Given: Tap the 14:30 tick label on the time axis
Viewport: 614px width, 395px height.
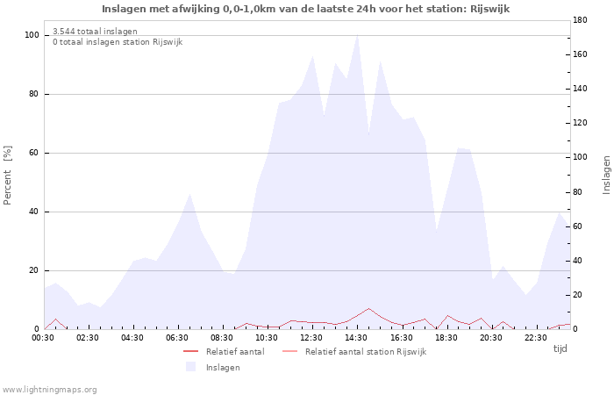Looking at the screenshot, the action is click(x=356, y=338).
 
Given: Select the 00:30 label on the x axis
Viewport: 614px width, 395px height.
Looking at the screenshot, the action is click(x=43, y=338).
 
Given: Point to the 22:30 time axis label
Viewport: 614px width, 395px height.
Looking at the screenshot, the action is click(x=535, y=338).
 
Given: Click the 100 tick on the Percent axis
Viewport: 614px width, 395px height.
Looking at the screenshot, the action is click(x=32, y=35).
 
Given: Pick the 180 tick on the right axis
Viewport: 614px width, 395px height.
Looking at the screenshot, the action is click(x=580, y=20).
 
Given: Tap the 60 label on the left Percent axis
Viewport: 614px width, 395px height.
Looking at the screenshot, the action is click(x=33, y=153).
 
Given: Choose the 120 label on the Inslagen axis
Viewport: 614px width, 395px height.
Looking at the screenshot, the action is click(x=580, y=123).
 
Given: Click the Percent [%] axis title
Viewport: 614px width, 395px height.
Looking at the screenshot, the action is click(x=7, y=176).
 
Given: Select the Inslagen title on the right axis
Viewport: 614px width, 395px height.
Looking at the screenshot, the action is click(x=607, y=176).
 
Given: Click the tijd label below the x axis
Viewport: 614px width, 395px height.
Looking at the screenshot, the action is click(x=560, y=348).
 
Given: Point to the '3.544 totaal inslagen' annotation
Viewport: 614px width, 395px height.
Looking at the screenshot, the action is click(x=95, y=32).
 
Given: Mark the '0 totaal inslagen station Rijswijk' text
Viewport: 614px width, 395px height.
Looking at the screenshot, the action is click(x=118, y=42).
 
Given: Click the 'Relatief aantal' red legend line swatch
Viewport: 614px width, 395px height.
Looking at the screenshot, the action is click(x=190, y=351).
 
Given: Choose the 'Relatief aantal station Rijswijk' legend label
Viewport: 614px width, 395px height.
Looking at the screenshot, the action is click(x=366, y=352).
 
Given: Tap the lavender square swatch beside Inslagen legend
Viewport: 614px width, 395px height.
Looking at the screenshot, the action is click(x=190, y=367).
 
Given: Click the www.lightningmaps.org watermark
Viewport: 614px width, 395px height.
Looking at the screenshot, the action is click(x=49, y=390).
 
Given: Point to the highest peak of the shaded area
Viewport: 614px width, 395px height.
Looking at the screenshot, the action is click(x=358, y=36).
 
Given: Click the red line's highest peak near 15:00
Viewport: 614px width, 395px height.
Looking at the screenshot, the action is click(x=369, y=308).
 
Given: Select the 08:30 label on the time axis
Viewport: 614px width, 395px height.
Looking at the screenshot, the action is click(x=222, y=338).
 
